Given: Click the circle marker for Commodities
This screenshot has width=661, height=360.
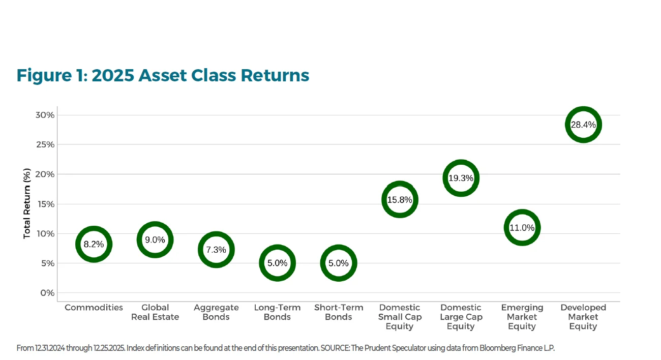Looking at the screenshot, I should tap(94, 244).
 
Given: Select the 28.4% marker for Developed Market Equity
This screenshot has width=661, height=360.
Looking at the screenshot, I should tap(583, 125).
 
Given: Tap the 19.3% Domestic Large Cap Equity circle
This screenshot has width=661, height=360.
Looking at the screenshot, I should tap(461, 178).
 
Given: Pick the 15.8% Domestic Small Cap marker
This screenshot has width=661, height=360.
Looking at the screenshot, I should tap(400, 200).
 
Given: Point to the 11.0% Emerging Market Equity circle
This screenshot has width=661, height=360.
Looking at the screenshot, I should tap(522, 228).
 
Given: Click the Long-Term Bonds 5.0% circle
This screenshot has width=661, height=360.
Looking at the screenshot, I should tap(277, 263).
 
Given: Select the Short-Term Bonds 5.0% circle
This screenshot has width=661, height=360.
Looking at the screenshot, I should tap(338, 263).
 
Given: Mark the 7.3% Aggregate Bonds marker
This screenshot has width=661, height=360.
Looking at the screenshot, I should tap(216, 250).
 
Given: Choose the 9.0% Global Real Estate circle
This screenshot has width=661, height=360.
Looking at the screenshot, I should tap(155, 239).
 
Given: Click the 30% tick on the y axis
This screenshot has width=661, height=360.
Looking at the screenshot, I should tap(45, 115).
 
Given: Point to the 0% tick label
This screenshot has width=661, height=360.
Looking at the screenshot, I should tap(47, 293).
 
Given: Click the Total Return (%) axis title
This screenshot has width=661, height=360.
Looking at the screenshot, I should tap(27, 204).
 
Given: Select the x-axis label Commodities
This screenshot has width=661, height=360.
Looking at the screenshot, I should tap(94, 308).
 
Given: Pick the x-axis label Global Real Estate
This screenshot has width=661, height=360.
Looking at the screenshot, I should tap(155, 312).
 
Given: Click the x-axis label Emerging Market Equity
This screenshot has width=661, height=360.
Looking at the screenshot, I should tap(522, 317).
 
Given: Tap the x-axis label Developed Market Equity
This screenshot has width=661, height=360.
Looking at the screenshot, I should tap(583, 317).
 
